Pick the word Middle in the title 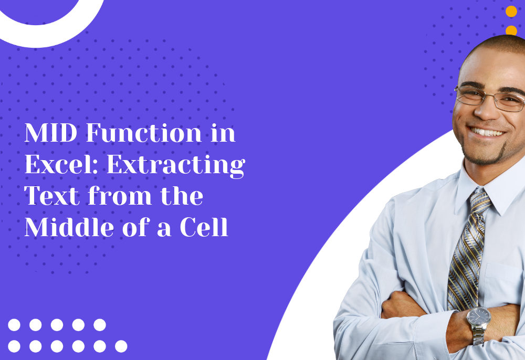pyautogui.click(x=66, y=228)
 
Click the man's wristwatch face pyautogui.click(x=478, y=316)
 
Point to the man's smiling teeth pyautogui.click(x=488, y=131)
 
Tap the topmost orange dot pyautogui.click(x=511, y=12)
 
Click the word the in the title pyautogui.click(x=181, y=197)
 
